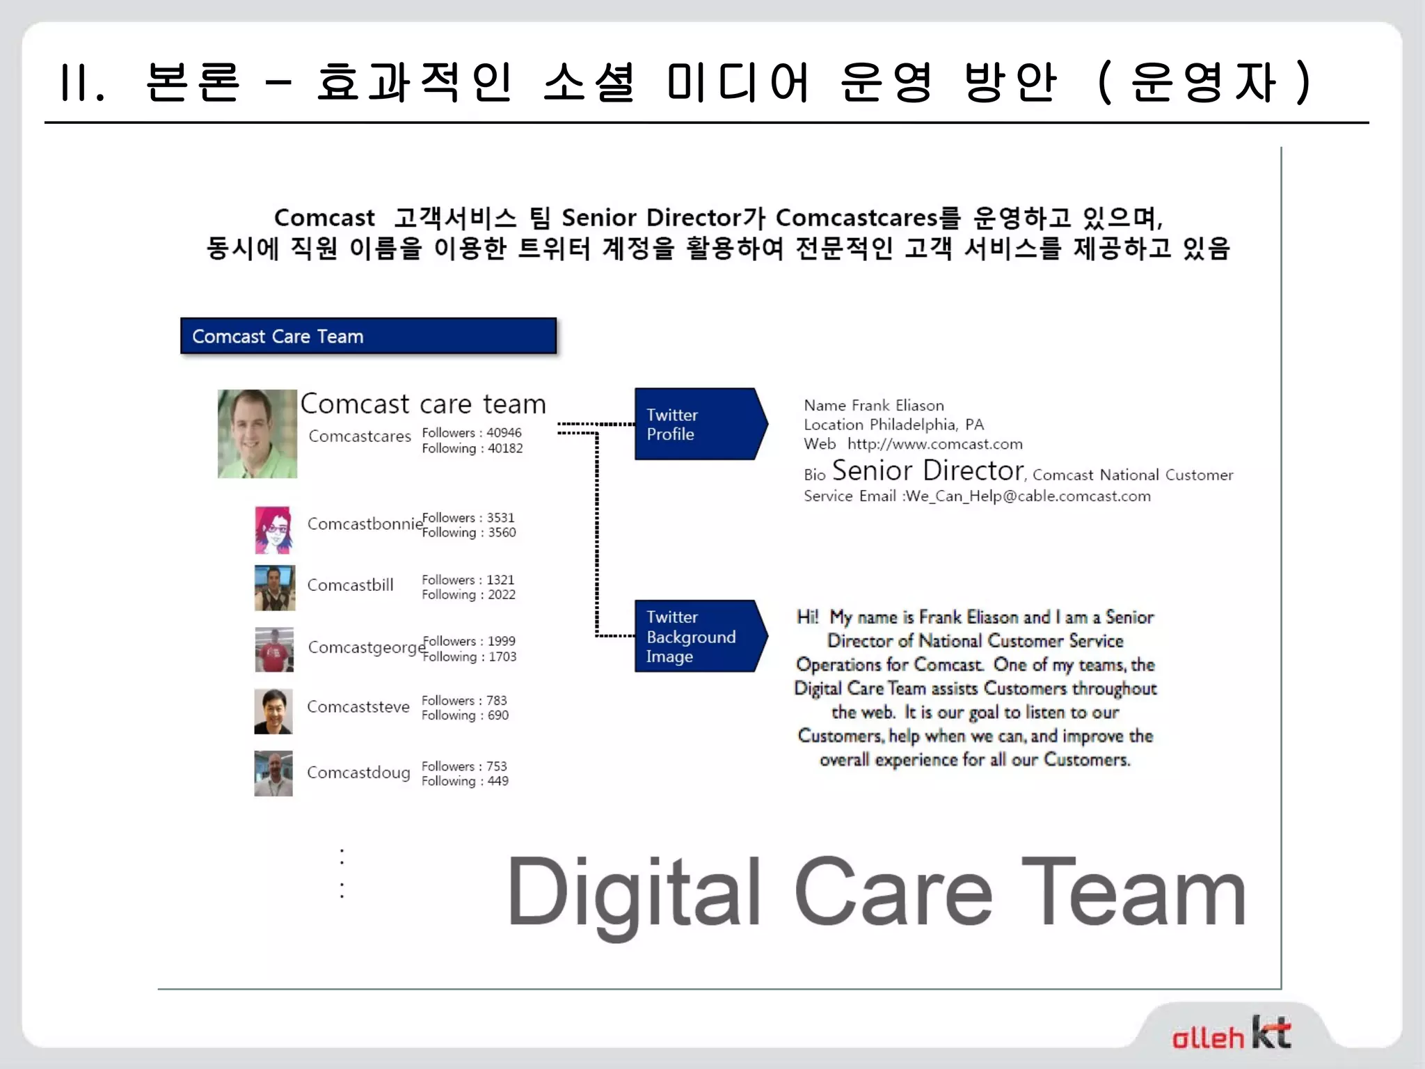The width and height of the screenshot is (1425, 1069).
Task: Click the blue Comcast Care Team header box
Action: click(368, 336)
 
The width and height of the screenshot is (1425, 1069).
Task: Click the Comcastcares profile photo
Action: click(257, 434)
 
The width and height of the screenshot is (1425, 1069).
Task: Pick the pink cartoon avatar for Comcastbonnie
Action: click(273, 530)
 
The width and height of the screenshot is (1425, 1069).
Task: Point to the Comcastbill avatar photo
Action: click(274, 588)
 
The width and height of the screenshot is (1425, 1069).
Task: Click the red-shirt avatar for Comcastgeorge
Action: click(274, 649)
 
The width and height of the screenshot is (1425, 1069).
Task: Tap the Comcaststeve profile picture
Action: click(273, 711)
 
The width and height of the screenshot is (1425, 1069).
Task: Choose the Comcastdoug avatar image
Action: click(273, 773)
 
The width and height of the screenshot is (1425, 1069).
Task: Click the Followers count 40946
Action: click(504, 433)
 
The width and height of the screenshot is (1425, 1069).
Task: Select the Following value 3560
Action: click(502, 532)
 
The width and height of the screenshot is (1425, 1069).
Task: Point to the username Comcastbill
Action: click(350, 585)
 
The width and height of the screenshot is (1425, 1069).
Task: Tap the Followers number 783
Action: click(497, 700)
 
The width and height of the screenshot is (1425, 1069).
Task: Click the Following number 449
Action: click(497, 781)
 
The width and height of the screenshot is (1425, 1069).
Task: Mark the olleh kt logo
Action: click(1231, 1034)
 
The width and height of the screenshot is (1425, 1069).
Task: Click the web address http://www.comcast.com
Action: click(934, 444)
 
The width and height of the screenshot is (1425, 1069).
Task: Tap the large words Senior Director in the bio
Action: click(928, 471)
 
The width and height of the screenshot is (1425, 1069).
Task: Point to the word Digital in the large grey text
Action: click(633, 893)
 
